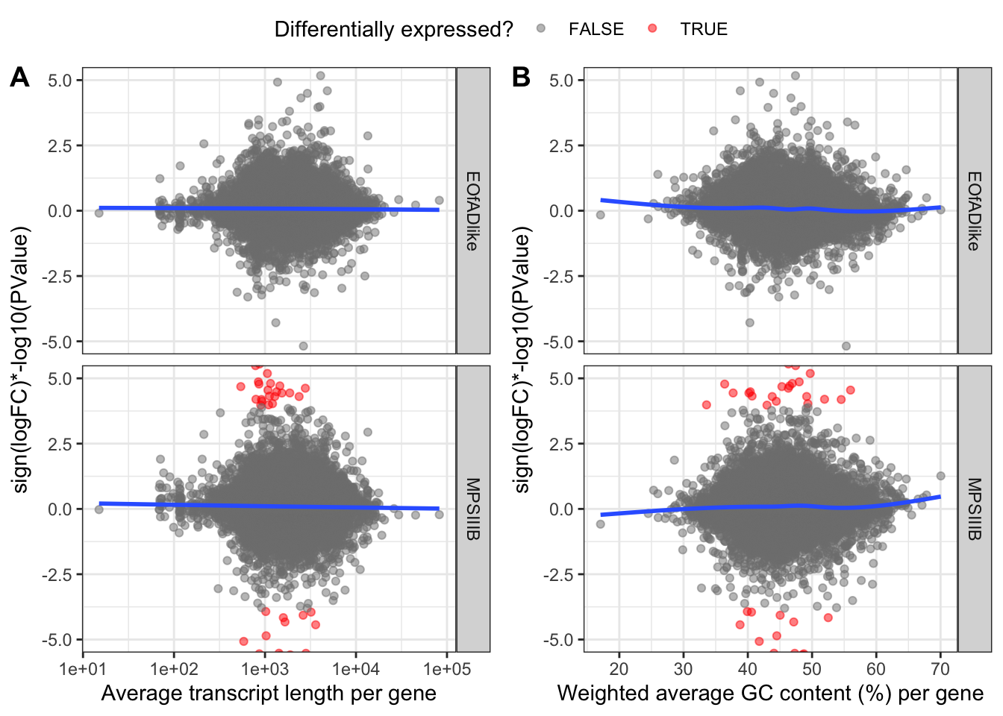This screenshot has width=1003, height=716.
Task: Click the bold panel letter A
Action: (20, 77)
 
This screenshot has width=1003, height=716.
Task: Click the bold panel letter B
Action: (521, 77)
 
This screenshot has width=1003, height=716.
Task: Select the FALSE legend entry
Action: (596, 29)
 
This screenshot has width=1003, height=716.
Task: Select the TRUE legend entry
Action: (703, 29)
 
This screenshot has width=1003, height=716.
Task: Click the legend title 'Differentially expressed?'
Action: (393, 29)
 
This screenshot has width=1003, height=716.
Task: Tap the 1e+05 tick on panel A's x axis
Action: (447, 669)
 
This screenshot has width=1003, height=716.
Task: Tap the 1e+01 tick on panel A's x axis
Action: (83, 669)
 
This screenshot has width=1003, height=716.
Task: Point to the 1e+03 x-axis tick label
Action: (265, 669)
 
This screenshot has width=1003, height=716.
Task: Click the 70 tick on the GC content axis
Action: (940, 669)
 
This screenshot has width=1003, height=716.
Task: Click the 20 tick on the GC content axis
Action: (619, 669)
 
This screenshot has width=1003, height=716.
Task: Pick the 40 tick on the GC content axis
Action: (748, 669)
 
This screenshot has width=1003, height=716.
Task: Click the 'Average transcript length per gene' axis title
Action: (269, 694)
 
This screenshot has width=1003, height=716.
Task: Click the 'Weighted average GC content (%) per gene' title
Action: (770, 694)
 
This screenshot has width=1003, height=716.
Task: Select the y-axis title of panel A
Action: (20, 359)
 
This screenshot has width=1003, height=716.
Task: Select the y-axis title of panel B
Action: (522, 359)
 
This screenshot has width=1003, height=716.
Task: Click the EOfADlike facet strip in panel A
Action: (473, 210)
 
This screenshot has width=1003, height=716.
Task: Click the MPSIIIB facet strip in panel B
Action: (975, 509)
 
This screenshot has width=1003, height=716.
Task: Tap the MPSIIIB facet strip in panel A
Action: (473, 509)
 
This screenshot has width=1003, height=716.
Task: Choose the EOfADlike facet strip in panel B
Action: (975, 210)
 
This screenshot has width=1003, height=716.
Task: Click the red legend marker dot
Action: (653, 29)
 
